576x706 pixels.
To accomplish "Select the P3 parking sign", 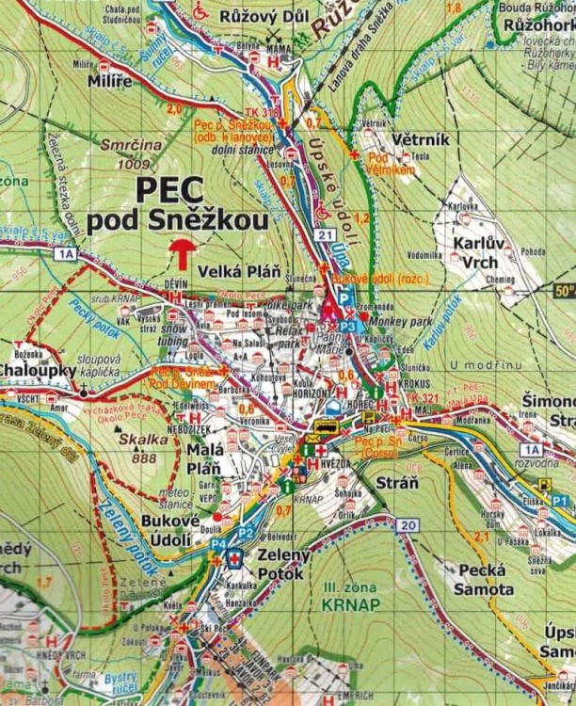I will [x=347, y=326].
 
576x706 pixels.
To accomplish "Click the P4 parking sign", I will [x=218, y=544].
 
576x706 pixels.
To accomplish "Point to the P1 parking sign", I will [x=560, y=501].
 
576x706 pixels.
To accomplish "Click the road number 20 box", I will [x=407, y=524].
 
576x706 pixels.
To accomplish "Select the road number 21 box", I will [x=326, y=234].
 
